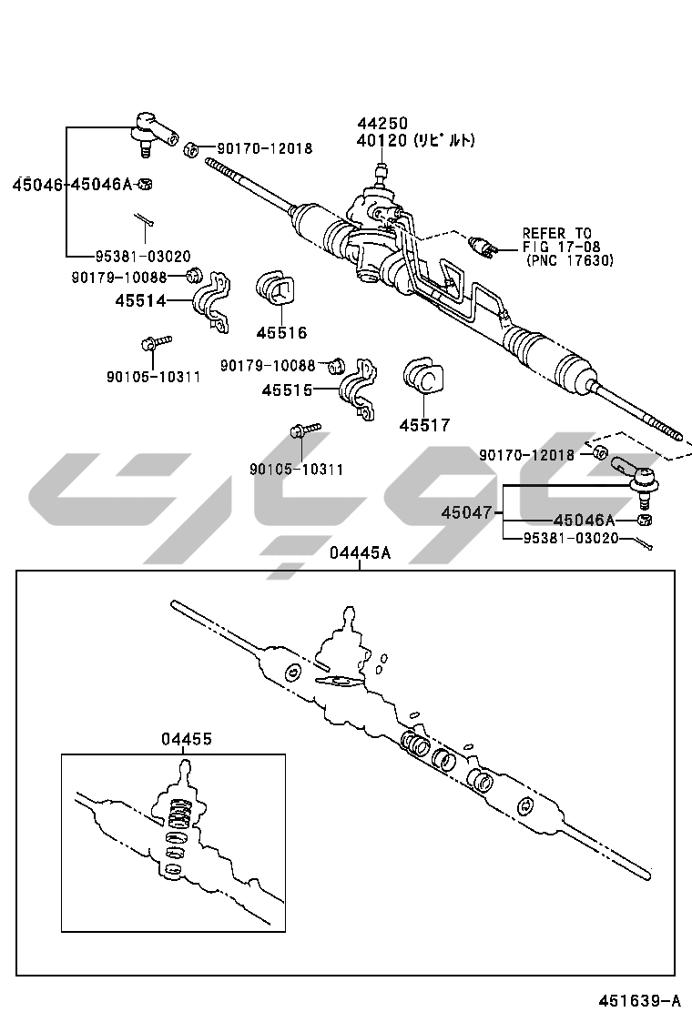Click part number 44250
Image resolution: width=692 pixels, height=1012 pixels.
point(382,123)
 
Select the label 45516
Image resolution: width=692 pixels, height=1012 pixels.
point(281,333)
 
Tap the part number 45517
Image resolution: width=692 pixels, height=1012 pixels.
point(424,425)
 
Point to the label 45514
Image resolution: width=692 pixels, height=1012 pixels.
point(140,300)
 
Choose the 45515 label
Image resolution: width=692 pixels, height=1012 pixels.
point(287,390)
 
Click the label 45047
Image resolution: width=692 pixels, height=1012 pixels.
point(466,512)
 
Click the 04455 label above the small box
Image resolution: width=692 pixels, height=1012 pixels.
point(187,739)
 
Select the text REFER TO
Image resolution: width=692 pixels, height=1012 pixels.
point(556,234)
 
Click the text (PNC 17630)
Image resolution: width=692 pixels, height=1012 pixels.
point(570,260)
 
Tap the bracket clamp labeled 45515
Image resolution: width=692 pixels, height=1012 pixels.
point(359,389)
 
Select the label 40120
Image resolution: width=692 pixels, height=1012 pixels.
point(382,141)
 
